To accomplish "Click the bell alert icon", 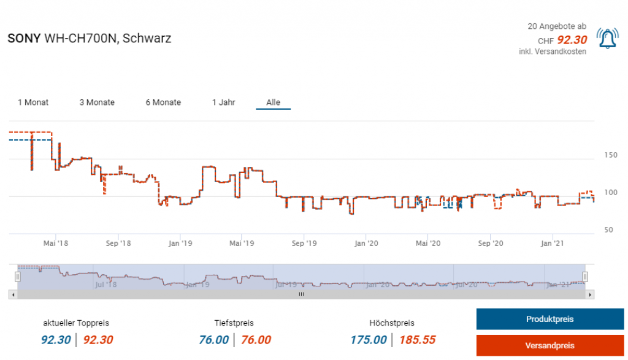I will tap(607, 39).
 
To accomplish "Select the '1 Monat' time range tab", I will tap(33, 102).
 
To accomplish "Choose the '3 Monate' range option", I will tap(97, 102).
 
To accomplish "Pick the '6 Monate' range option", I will tap(163, 102).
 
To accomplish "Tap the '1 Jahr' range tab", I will tap(223, 102).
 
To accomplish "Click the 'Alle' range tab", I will tap(273, 102).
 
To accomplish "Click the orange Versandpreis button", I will tap(549, 345).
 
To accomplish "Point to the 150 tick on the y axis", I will tap(609, 155).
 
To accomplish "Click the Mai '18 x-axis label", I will tap(56, 243).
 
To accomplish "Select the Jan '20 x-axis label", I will tap(366, 243).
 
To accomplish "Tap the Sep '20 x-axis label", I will tap(491, 243).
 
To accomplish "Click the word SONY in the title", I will tap(24, 38).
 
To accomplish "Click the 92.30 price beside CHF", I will tap(572, 40).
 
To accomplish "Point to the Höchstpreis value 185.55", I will tap(417, 340).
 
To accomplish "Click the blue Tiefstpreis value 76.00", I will tap(214, 340).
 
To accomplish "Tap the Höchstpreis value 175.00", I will tap(369, 340).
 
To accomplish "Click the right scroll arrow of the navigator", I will tap(590, 295).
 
